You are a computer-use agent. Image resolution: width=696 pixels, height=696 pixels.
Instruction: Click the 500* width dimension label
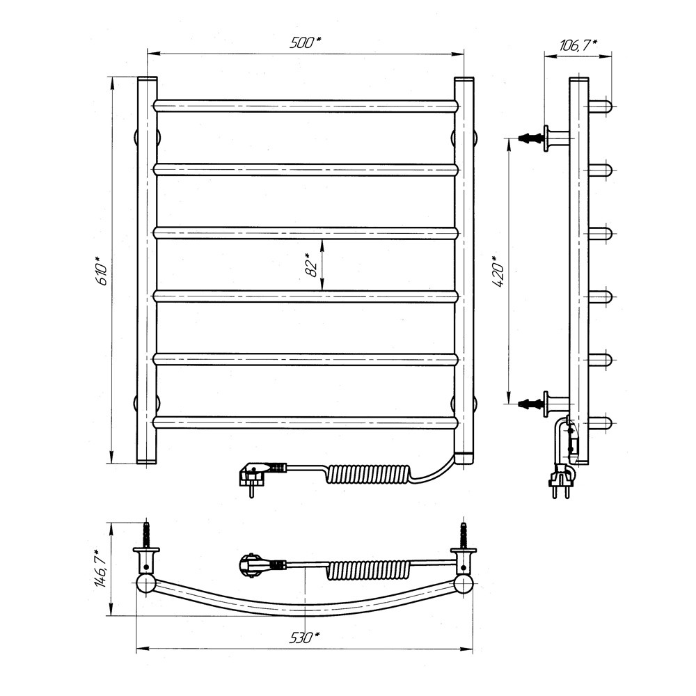(x=306, y=42)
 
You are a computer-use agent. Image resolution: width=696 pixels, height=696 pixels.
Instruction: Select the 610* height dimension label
(x=102, y=270)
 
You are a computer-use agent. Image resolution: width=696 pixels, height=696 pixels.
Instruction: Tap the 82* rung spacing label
(x=313, y=265)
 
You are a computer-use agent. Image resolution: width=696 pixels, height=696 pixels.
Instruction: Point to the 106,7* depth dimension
(x=578, y=45)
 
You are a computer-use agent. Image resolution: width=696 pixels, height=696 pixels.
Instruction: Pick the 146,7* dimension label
(x=102, y=569)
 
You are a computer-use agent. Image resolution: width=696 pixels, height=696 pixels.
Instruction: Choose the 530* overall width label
(x=305, y=638)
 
